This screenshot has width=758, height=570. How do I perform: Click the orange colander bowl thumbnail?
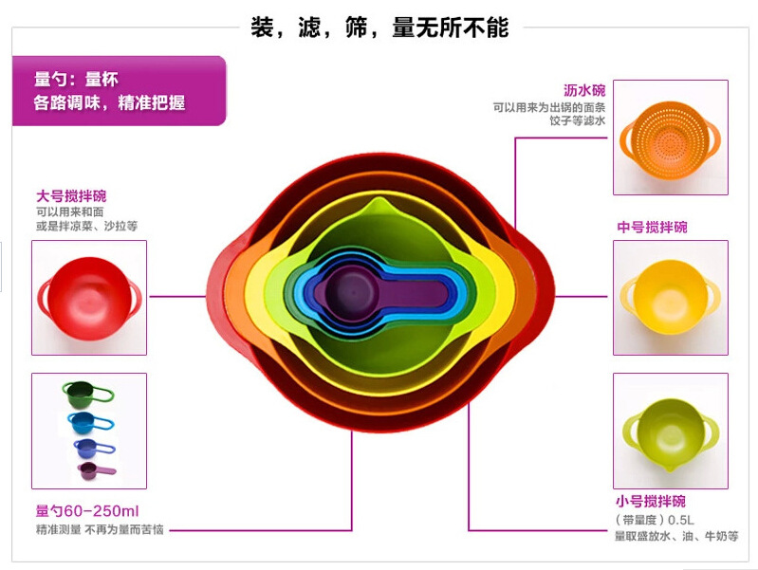670,138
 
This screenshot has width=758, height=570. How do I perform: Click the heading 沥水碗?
583,91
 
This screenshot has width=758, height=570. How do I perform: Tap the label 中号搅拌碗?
652,228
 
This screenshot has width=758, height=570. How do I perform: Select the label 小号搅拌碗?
650,501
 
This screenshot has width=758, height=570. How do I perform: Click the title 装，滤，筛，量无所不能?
379,28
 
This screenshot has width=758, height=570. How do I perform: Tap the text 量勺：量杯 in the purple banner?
76,80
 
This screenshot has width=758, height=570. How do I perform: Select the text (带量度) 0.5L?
655,520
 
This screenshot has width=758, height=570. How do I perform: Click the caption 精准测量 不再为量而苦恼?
100,529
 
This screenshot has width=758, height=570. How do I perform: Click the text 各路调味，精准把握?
110,102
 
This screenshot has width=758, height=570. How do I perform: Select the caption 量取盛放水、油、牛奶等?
675,537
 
